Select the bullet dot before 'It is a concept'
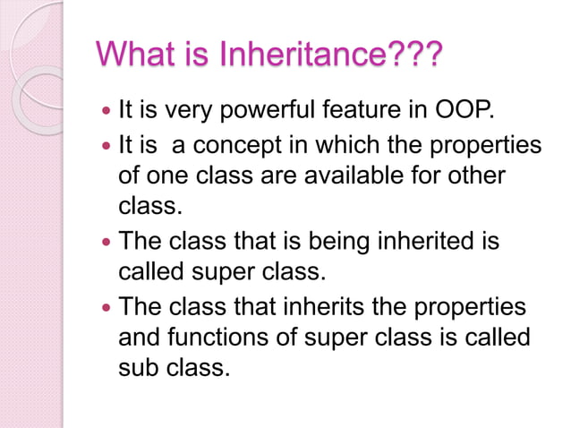(107, 147)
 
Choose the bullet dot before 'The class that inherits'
(107, 308)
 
